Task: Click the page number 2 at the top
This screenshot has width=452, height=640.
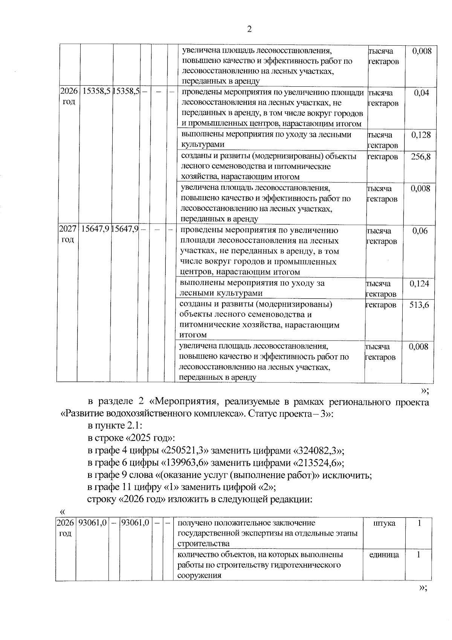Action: pos(249,29)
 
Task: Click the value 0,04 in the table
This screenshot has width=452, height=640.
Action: pos(421,93)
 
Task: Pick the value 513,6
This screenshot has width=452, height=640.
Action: pos(419,305)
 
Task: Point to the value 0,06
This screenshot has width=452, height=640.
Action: pos(420,231)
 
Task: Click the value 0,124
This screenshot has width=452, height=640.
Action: pos(419,284)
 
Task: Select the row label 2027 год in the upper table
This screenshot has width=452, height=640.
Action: pos(67,234)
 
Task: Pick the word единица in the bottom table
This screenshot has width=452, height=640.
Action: pos(384,555)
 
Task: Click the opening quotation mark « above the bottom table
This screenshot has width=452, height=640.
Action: pos(63,512)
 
